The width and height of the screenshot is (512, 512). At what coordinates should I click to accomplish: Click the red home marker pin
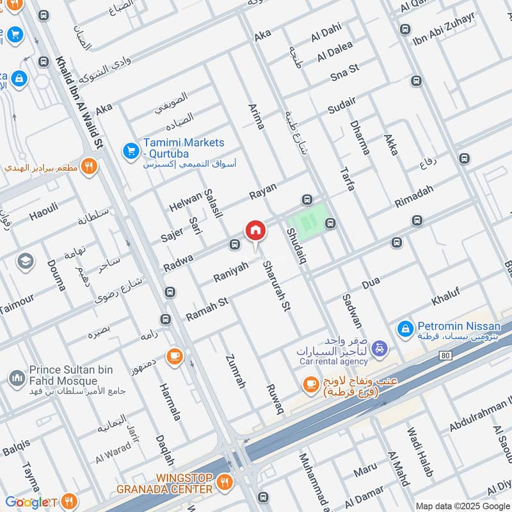coord(255,231)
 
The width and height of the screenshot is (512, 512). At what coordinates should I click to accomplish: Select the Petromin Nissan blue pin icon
coord(404,329)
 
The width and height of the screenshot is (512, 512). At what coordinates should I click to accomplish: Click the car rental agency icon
coord(380,348)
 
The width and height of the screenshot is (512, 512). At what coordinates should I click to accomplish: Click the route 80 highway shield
coord(445,353)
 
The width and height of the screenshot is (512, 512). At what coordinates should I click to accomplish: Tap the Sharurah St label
coord(276,285)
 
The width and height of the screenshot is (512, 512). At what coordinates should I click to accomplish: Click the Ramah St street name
coord(207,310)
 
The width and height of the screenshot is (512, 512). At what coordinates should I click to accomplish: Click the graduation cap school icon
coord(26,260)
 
